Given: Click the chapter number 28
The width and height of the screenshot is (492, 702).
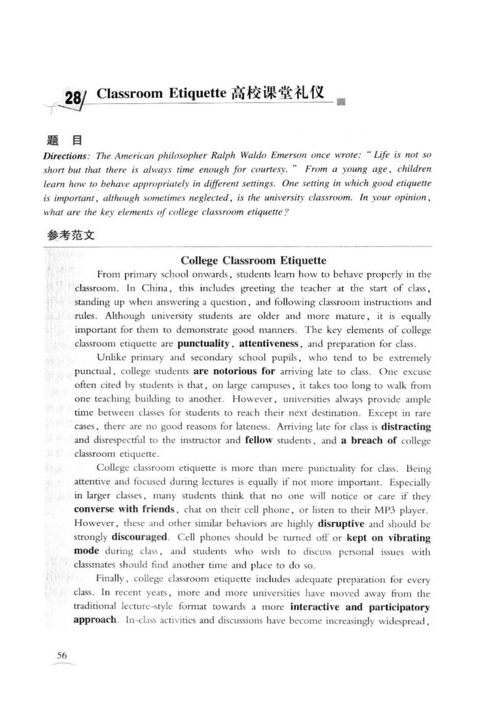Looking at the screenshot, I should point(73,98).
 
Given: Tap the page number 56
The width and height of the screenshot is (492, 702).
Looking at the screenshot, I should point(61,655).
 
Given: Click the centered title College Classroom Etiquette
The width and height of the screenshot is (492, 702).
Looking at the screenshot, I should point(253,261).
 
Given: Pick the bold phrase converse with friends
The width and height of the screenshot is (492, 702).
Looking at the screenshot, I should point(122,509).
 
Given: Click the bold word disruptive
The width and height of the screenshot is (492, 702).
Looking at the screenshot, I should point(341,524).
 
